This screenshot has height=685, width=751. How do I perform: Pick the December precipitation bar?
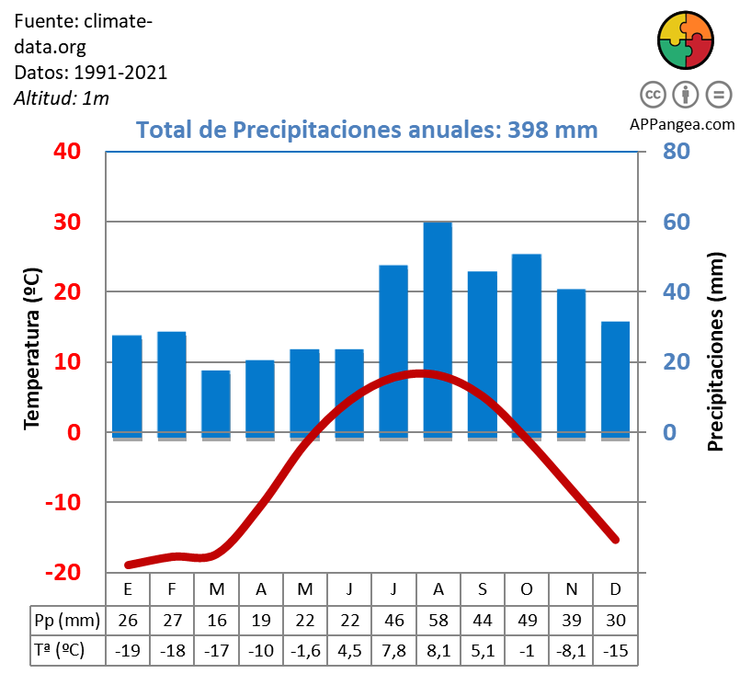(x=615, y=377)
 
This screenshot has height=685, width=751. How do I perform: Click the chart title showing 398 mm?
(x=367, y=129)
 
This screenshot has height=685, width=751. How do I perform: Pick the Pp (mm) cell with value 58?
(x=438, y=620)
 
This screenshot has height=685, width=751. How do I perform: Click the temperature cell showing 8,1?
(x=438, y=650)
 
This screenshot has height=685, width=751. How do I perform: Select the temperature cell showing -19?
(x=127, y=650)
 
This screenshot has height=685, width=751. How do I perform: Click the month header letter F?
(x=172, y=588)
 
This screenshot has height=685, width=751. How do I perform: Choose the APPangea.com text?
(x=683, y=124)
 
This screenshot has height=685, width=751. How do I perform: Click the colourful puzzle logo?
(x=685, y=40)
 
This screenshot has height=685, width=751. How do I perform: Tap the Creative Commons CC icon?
(x=652, y=95)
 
